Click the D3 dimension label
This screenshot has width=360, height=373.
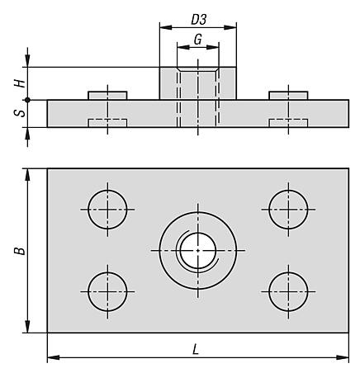(199, 20)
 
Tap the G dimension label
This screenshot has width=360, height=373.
(198, 40)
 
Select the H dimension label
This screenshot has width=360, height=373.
(20, 83)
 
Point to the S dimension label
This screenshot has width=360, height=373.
(20, 113)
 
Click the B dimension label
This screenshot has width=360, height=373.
(20, 251)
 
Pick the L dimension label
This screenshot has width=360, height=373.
(196, 350)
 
